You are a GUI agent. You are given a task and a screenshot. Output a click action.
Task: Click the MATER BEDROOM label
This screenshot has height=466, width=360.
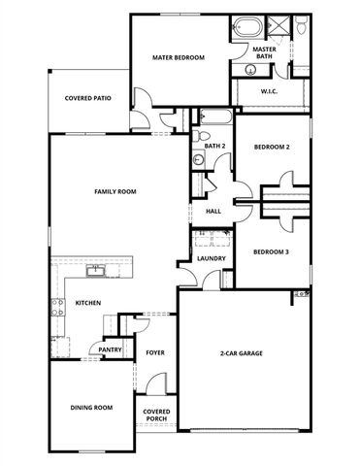pos(178,58)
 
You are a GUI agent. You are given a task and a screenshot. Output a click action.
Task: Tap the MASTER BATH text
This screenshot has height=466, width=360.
pos(263,52)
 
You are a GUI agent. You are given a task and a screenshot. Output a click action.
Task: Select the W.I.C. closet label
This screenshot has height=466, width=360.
pos(270,92)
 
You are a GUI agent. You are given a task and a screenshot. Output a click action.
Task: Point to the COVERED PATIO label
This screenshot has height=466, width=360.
pos(85,98)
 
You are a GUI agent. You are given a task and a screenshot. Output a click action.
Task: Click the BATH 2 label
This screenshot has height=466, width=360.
pos(214,146)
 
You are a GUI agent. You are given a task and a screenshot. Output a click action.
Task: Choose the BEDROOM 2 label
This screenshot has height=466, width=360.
pos(272,148)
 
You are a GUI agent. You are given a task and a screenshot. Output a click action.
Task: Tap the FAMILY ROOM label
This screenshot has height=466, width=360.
pos(115,191)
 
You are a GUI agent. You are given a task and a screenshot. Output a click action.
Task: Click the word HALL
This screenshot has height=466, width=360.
pos(213,211)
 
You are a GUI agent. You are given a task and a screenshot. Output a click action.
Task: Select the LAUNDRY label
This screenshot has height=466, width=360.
pos(211,258)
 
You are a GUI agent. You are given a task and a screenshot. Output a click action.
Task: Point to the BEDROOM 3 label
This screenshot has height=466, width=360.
pos(272,252)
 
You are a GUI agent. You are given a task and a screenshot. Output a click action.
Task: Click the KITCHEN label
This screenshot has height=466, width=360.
pos(88,304)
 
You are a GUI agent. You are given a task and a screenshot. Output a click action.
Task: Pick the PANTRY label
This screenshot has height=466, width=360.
pos(109,349)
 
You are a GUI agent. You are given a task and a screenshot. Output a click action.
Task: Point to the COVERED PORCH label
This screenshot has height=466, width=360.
pos(157,416)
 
